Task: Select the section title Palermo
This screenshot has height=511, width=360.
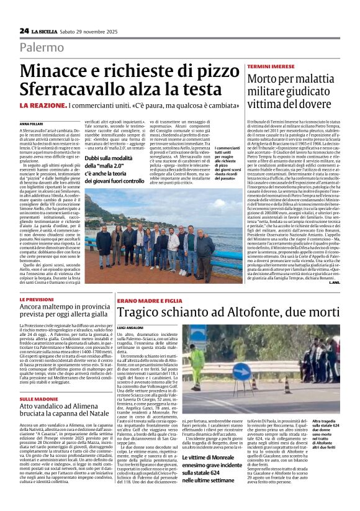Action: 42,47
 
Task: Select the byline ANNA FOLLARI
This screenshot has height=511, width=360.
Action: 32,125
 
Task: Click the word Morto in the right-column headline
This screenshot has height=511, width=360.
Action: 266,79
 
